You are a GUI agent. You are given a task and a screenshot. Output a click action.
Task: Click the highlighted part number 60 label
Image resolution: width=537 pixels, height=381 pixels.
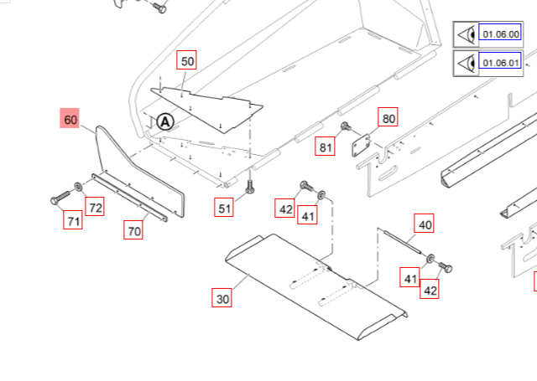pos(70,120)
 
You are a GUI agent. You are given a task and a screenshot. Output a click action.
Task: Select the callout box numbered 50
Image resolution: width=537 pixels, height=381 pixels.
pos(187,61)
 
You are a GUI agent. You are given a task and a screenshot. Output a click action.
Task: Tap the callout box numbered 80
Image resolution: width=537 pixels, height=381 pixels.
pos(388,118)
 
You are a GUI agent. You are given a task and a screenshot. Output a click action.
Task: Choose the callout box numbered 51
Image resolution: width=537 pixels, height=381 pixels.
pos(224,209)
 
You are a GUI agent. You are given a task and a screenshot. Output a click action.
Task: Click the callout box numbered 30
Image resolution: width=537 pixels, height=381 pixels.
pos(222,298)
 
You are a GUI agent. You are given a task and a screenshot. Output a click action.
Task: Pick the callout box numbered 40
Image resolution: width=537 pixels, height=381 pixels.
pos(425,224)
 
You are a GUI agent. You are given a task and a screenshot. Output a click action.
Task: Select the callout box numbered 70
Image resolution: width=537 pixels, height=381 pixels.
pos(133,231)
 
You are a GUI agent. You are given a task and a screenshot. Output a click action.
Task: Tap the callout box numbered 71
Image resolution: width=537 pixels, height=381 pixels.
pos(74,221)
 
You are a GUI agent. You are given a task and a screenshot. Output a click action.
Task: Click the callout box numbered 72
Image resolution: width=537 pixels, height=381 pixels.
pos(96,207)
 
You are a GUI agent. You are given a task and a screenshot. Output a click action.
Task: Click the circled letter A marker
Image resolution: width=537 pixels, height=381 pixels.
pos(165,121)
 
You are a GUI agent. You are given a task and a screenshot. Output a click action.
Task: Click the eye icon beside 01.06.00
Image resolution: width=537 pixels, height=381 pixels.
pos(466,35)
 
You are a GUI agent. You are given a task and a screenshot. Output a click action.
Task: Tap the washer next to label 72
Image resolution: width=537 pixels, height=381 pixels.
pos(78,186)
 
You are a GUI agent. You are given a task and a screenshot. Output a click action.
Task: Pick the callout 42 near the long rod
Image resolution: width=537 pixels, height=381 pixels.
pos(430,291)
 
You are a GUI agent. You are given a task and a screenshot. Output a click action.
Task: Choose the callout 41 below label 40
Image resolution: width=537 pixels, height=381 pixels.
pos(410,278)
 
